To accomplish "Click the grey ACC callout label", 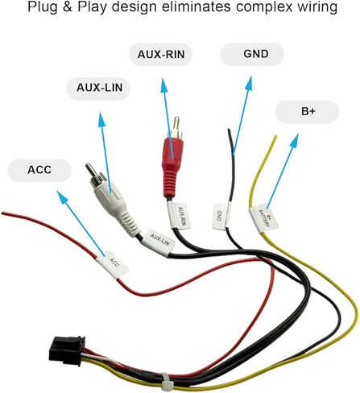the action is coord(39,170).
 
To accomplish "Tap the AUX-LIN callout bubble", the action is coord(98,88).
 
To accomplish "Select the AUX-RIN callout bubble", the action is coord(160,54).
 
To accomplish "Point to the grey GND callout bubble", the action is coord(252,54).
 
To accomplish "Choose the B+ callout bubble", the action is coord(307,112).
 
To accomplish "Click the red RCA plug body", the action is coord(172,168).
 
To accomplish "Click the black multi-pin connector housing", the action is coord(67,350).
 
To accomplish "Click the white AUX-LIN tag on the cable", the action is coord(159,242).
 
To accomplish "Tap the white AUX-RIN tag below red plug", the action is coord(179,216).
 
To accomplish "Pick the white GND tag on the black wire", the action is coord(221,216).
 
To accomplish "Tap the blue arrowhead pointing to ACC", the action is coord(62,196).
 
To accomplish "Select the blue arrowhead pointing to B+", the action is coord(294,140).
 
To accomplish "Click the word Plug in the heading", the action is coord(43,7).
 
